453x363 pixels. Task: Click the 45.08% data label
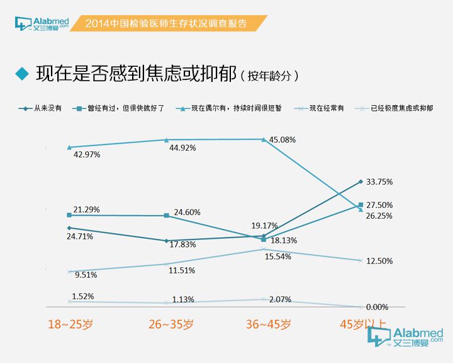point(282,139)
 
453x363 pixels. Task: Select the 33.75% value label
point(379,181)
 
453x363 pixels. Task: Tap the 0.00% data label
point(377,307)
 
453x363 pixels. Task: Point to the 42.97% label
point(87,154)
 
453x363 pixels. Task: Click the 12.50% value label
point(379,261)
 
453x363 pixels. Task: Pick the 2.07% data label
point(280,300)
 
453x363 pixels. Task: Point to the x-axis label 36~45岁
point(268,325)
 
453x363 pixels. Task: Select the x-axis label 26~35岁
point(171,325)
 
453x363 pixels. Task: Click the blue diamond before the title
point(23,74)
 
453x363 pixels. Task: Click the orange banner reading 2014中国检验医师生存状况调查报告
point(166,23)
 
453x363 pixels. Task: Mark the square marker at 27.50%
point(361,205)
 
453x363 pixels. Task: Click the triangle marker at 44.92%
point(166,140)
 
